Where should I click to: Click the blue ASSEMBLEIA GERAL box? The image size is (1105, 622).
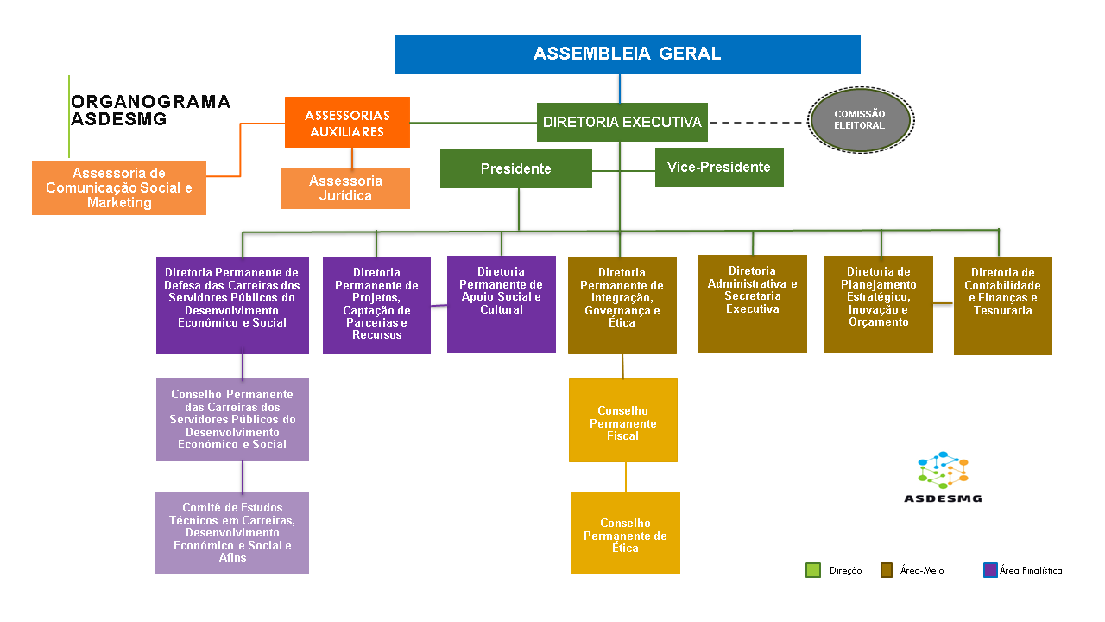[628, 54]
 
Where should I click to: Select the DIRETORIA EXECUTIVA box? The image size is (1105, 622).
[622, 122]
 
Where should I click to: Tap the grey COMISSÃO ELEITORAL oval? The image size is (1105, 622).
[860, 120]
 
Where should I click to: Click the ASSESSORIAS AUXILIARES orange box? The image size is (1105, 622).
[347, 122]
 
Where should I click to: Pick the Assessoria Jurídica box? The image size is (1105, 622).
[345, 188]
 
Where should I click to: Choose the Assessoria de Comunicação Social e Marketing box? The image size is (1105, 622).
[119, 187]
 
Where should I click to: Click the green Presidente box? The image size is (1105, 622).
[515, 168]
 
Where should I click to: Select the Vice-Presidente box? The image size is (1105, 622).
[719, 168]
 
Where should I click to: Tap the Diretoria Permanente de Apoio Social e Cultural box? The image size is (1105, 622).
[501, 304]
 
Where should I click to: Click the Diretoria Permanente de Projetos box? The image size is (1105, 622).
[376, 305]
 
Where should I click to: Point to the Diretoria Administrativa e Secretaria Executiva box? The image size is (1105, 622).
[752, 303]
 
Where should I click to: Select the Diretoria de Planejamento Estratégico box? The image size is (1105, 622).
[878, 304]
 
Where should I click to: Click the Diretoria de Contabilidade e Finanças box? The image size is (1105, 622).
[1002, 305]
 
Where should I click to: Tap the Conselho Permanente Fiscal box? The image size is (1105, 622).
[622, 420]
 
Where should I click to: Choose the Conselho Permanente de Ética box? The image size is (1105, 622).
[625, 532]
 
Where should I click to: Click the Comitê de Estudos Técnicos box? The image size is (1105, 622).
[232, 533]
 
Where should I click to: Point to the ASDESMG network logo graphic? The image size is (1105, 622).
[943, 470]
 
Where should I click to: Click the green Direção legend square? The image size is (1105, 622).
[812, 570]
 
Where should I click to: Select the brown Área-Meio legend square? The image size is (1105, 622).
[886, 570]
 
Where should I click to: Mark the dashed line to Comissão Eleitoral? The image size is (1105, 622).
[757, 122]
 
